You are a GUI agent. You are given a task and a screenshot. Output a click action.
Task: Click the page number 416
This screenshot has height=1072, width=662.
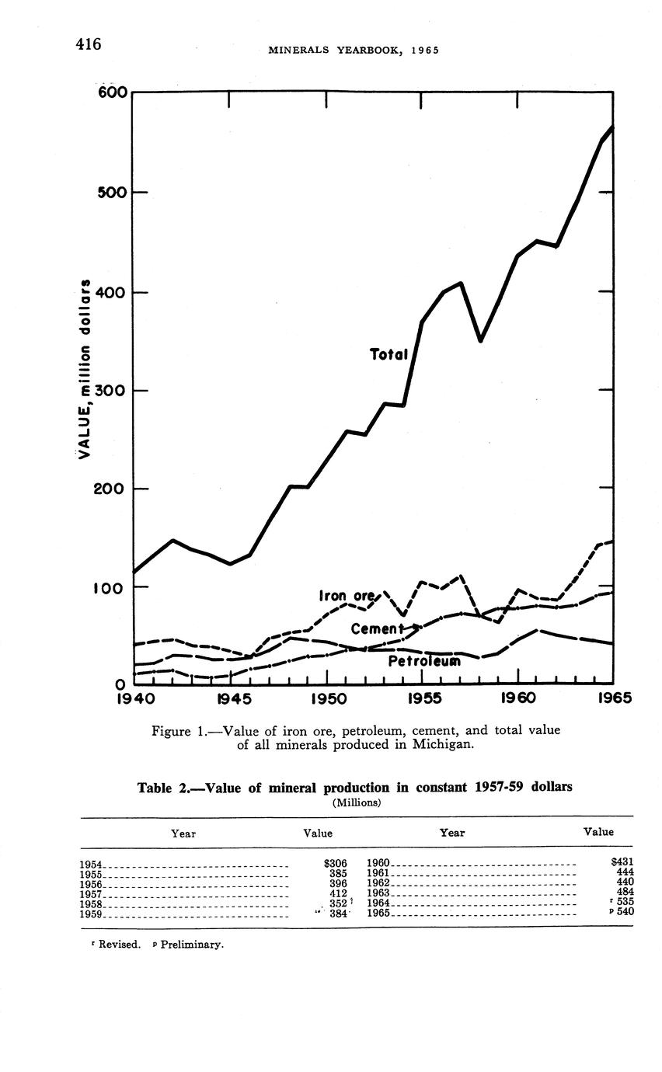[x=89, y=44]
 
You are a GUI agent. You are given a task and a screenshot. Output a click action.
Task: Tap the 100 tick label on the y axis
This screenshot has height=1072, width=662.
[x=110, y=588]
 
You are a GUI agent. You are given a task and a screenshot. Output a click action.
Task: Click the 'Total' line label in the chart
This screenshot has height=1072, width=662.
[x=388, y=354]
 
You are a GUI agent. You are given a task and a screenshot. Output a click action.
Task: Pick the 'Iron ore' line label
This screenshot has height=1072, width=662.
[x=347, y=596]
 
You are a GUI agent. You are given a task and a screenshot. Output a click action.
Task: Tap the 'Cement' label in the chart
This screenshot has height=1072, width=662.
[x=378, y=628]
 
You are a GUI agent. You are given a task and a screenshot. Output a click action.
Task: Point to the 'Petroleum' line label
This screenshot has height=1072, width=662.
[x=423, y=661]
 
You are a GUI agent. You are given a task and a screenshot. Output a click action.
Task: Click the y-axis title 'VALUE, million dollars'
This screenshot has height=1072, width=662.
[x=85, y=364]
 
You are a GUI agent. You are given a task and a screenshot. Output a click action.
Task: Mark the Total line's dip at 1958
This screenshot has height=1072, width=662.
[x=481, y=339]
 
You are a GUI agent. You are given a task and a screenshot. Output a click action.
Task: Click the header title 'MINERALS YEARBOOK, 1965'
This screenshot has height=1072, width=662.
[x=353, y=50]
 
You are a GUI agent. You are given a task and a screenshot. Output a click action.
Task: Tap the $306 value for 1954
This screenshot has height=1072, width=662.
[x=334, y=862]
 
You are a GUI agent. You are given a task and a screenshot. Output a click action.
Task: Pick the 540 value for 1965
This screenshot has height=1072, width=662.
[x=625, y=912]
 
